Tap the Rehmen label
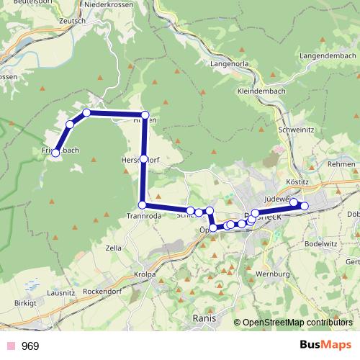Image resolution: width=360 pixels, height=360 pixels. [341, 165]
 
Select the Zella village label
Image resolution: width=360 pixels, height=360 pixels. [113, 248]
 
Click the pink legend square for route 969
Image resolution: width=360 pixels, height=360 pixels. [9, 346]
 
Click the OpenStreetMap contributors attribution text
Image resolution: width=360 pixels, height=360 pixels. [297, 323]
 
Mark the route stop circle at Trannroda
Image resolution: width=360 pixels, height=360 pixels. [142, 205]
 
